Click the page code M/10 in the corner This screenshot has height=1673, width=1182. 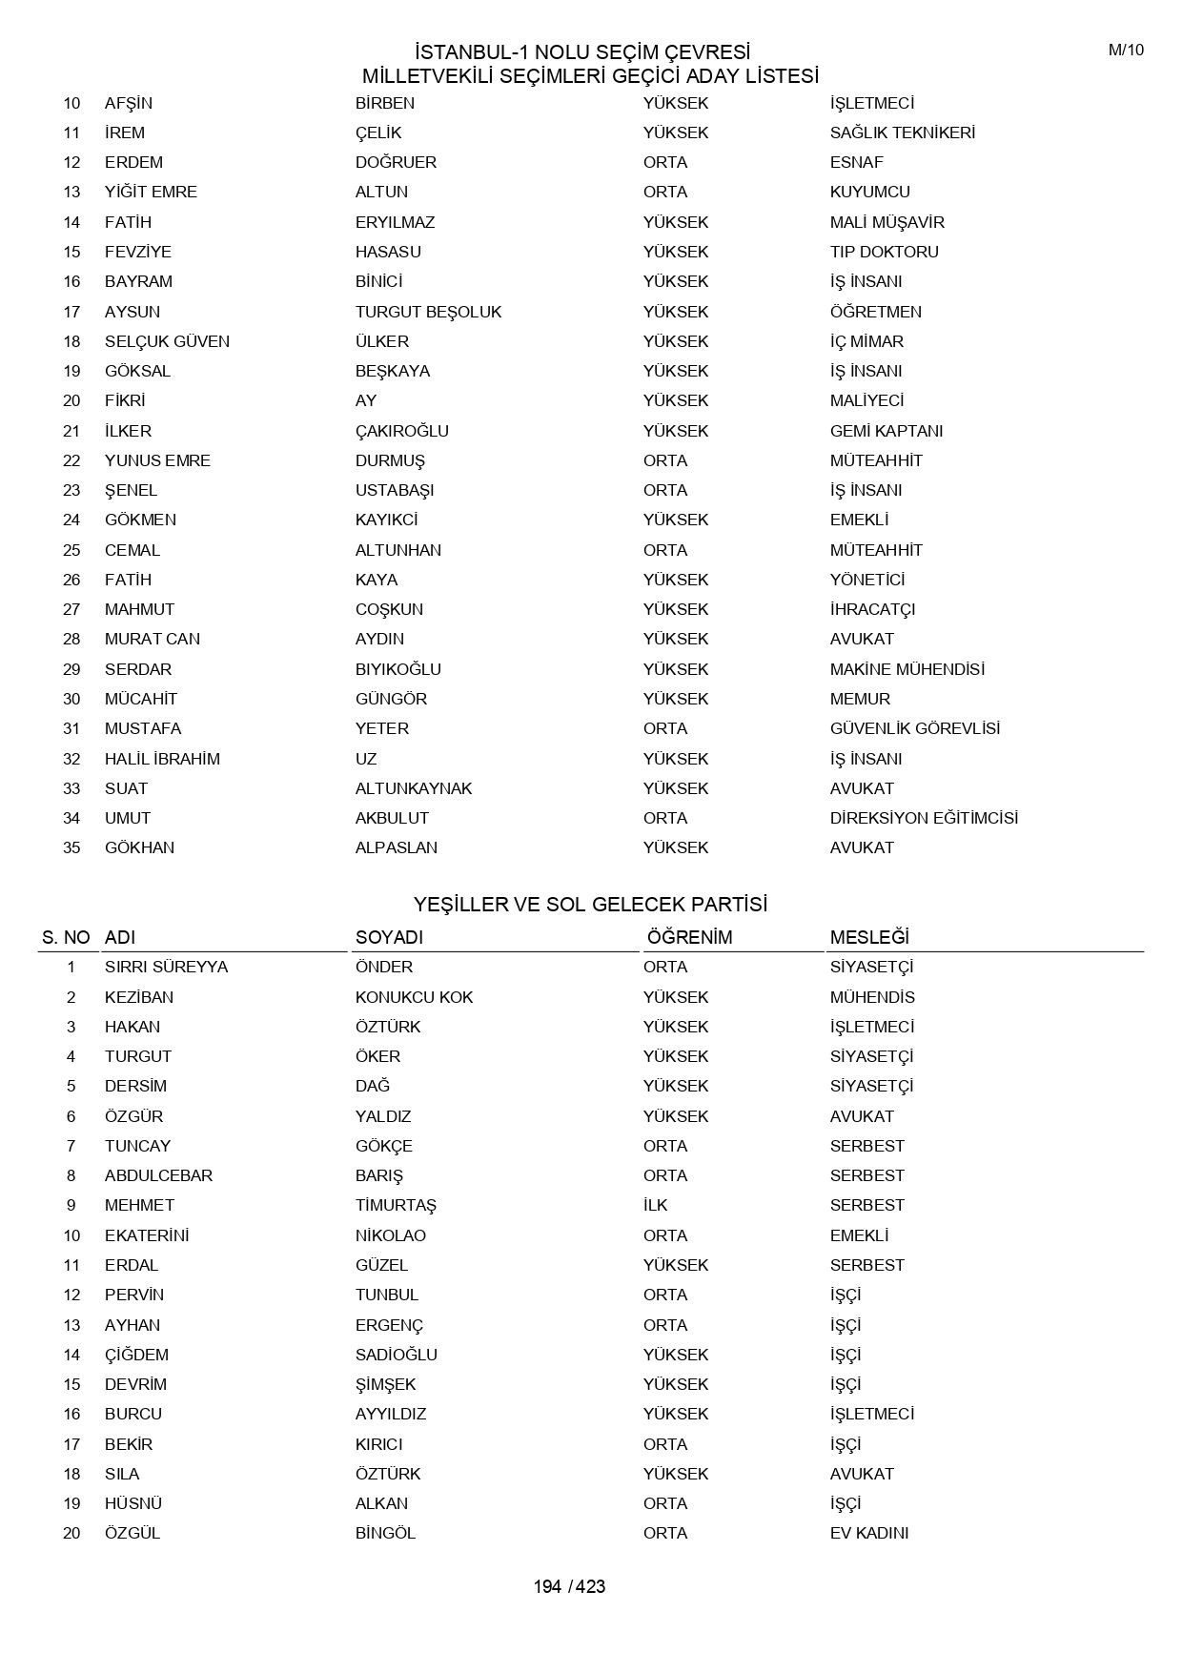(x=1125, y=51)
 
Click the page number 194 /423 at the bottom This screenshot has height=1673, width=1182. (x=569, y=1586)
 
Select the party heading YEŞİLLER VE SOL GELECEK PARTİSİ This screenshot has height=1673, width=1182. (x=590, y=904)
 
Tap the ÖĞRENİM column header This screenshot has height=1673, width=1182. (x=689, y=937)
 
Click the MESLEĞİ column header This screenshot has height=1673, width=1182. (x=868, y=937)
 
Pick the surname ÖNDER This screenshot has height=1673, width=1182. (x=384, y=967)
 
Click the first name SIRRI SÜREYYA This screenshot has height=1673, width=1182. (x=166, y=967)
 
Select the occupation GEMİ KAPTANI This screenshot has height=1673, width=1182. (x=886, y=431)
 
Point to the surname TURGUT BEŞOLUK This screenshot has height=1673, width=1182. (x=428, y=312)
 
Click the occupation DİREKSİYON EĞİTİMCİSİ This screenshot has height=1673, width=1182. (x=923, y=818)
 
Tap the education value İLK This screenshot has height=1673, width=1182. (x=655, y=1205)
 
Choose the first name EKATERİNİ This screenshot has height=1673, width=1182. (x=147, y=1235)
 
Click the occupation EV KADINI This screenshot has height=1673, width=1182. (x=868, y=1533)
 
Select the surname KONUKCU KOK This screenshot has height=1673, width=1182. (x=414, y=997)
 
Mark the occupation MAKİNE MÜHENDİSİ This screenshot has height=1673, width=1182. (x=907, y=669)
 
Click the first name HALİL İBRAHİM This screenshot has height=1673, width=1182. (x=162, y=759)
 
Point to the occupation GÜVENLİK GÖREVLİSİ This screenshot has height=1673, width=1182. (x=914, y=728)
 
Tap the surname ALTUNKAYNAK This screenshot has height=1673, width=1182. (x=414, y=788)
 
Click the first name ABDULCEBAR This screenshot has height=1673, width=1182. (x=158, y=1175)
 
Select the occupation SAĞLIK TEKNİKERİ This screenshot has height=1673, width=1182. (x=902, y=133)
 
